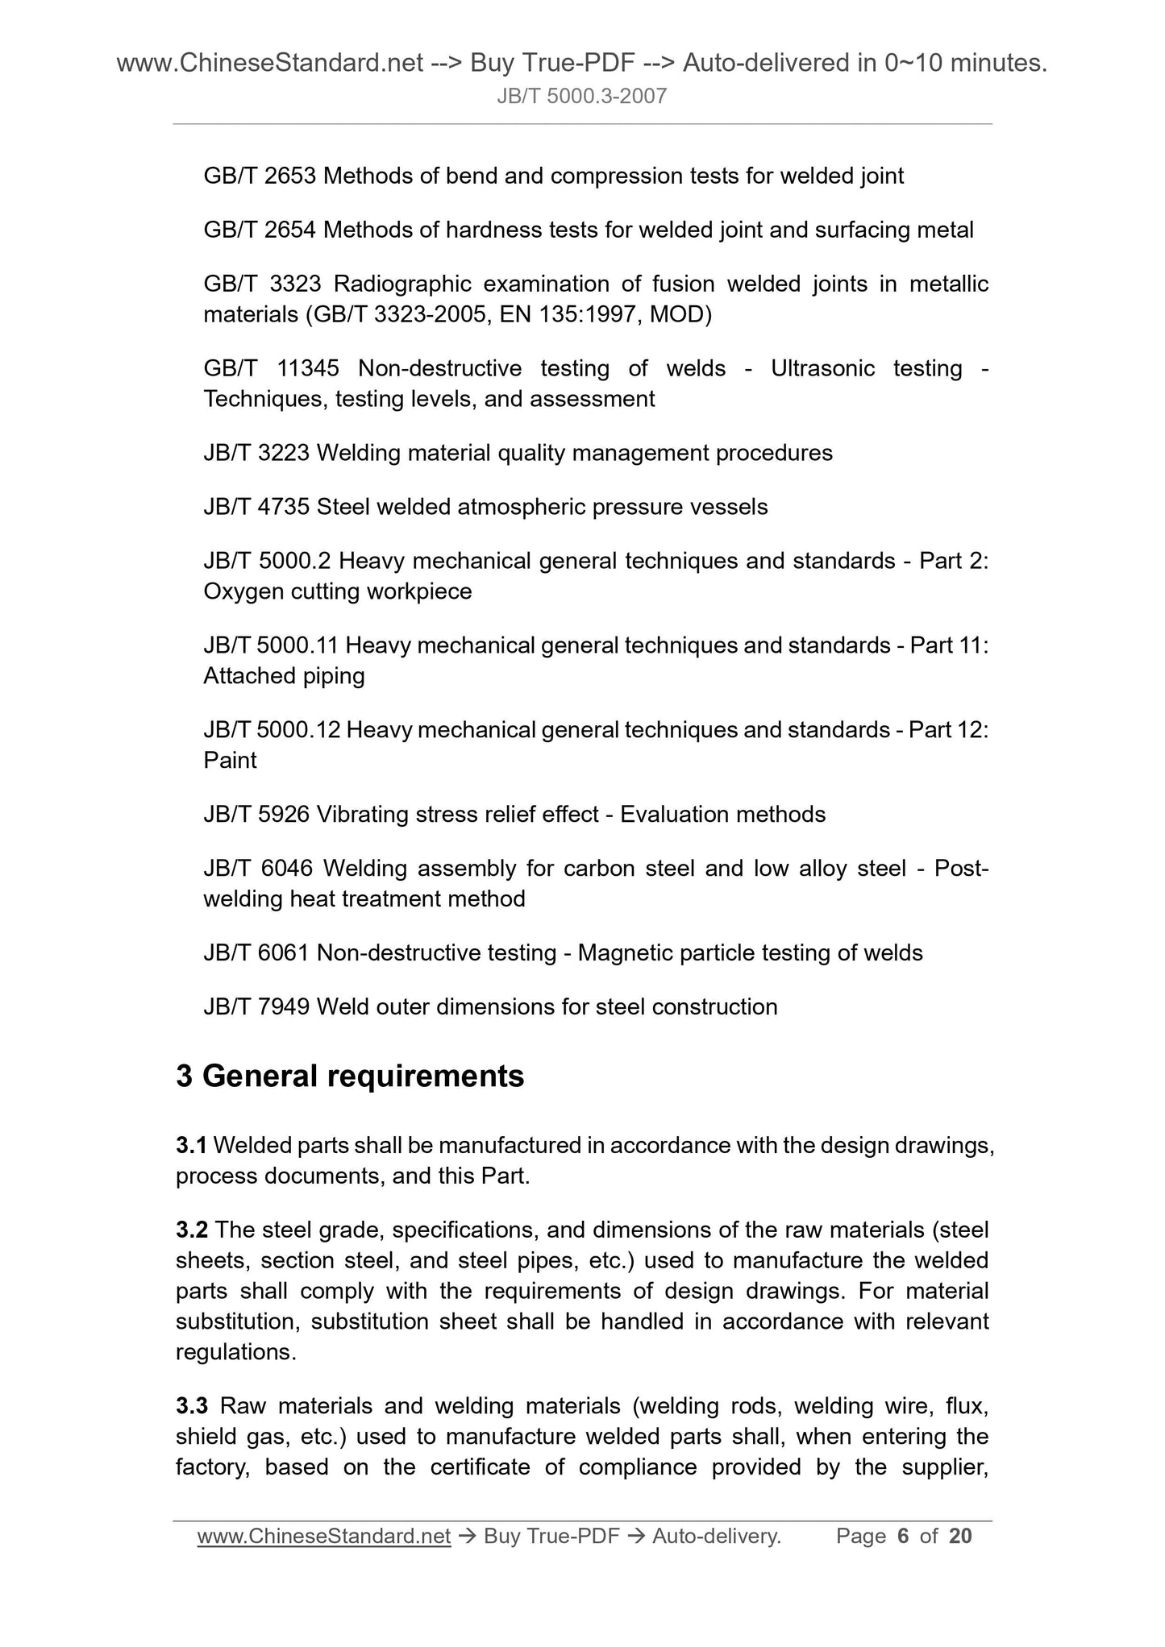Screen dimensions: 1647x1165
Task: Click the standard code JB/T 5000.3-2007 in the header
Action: click(x=581, y=97)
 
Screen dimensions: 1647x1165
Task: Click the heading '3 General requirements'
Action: click(x=350, y=1077)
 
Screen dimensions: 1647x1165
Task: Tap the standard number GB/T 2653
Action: click(x=260, y=176)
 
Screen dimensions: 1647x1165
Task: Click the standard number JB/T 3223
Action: click(x=256, y=453)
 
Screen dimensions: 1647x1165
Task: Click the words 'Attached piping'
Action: click(x=284, y=675)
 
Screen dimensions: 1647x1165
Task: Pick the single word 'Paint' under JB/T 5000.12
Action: click(x=230, y=760)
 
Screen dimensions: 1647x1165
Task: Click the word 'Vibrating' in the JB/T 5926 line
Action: click(x=363, y=814)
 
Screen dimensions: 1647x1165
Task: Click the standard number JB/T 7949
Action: click(x=256, y=1006)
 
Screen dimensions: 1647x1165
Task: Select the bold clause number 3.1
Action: click(x=192, y=1145)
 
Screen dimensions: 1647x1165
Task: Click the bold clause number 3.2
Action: click(x=192, y=1230)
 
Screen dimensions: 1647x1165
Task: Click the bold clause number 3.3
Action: click(x=192, y=1406)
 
